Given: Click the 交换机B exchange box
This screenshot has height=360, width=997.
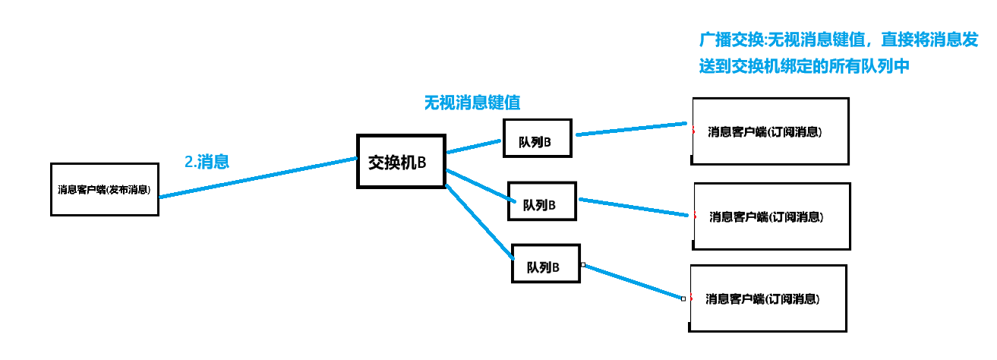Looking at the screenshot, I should [401, 161].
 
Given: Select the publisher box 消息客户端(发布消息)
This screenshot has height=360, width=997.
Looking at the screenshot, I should [104, 189].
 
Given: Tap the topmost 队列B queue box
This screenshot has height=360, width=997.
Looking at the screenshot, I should [538, 138].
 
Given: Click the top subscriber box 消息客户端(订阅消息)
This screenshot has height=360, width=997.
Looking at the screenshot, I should [770, 131].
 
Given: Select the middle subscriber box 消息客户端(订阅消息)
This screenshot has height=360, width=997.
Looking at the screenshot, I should [771, 216].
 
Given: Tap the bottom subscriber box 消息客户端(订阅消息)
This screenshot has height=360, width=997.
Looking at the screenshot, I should [767, 298].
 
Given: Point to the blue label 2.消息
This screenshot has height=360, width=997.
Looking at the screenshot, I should [207, 161].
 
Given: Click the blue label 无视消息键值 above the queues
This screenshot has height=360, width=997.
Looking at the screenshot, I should [472, 103].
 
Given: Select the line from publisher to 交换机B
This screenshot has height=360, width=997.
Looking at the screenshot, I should [258, 177].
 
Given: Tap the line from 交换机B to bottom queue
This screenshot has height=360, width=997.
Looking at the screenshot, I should [479, 217].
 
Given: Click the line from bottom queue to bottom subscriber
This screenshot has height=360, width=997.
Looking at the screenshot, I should [633, 281].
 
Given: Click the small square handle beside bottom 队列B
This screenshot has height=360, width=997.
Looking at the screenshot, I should [582, 264].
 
